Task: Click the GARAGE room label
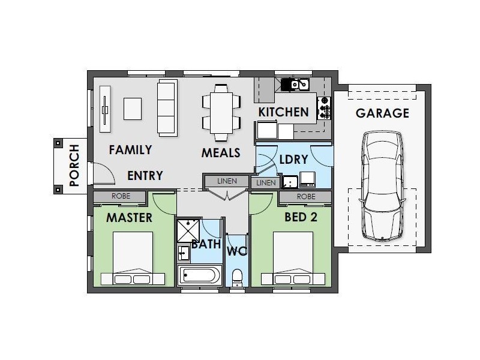point(382,113)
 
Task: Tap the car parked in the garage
point(382,186)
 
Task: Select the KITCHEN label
point(283,112)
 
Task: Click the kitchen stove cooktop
point(324,108)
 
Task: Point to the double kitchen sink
point(299,85)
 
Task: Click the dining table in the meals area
point(221,113)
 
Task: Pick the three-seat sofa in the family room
point(167,108)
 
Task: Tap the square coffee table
point(133,109)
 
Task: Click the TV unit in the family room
point(105,109)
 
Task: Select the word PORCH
point(74,166)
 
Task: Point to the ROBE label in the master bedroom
point(121,196)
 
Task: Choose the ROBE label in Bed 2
point(306,197)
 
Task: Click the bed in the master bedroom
point(133,259)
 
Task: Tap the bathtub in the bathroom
point(200,275)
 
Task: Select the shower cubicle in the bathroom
point(188,230)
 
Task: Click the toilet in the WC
point(237,278)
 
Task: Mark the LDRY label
point(293,160)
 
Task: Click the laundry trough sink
point(290,182)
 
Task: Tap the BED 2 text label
point(301,217)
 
